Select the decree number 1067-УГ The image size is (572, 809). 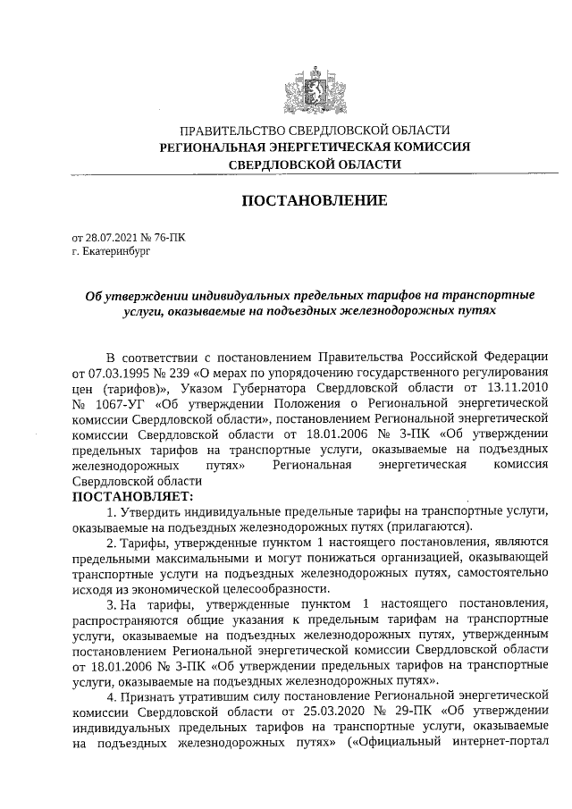[x=123, y=404]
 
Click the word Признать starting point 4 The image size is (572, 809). [x=156, y=695]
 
